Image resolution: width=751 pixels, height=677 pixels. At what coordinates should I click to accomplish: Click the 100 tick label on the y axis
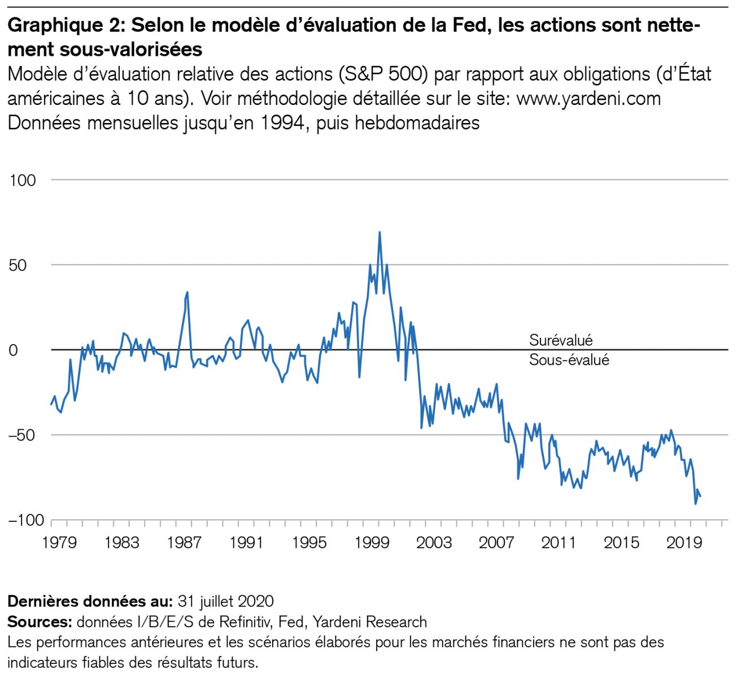[23, 181]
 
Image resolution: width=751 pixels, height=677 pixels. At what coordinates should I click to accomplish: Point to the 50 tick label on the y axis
[18, 265]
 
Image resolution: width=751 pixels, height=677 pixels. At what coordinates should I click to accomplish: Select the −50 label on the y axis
[22, 435]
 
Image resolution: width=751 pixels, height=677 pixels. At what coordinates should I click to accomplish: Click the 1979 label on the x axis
[59, 543]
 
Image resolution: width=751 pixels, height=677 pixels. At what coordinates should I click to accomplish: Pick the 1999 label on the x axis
[372, 543]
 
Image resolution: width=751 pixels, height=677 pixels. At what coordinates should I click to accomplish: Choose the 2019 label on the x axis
[684, 543]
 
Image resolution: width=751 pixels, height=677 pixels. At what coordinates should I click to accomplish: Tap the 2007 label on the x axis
[496, 543]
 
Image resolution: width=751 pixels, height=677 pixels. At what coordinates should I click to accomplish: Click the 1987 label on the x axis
[184, 543]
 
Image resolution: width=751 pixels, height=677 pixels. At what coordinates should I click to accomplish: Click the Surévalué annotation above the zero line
[561, 340]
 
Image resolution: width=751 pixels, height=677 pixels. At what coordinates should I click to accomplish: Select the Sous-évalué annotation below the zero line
[569, 360]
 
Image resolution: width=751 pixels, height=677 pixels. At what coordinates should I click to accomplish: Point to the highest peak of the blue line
[379, 232]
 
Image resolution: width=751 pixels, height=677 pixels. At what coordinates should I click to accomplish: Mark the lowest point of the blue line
[696, 504]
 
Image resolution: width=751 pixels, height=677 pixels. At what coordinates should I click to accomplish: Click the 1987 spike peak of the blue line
[187, 292]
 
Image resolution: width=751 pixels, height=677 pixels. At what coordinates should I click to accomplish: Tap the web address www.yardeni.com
[588, 98]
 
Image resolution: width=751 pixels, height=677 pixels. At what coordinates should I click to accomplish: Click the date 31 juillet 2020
[226, 601]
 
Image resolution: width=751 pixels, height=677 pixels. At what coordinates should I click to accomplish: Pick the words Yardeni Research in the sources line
[370, 622]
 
